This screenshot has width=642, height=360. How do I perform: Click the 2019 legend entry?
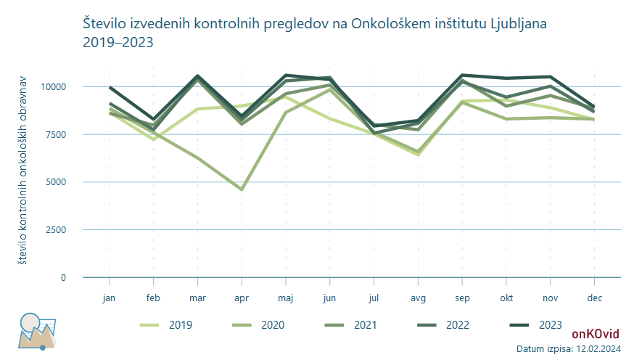tap(166, 325)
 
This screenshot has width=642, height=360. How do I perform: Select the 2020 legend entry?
tap(258, 325)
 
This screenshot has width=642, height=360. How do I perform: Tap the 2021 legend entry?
tap(350, 325)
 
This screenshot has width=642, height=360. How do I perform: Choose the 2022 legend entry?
tap(443, 325)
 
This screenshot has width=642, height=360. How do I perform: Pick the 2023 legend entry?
tap(535, 325)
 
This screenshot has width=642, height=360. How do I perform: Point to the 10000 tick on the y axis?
tap(53, 87)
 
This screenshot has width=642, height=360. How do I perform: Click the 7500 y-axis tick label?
tap(56, 135)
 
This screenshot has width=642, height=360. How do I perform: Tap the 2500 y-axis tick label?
tap(56, 230)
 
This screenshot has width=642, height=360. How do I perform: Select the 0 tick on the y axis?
tap(63, 278)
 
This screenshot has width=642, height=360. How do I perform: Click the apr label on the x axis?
tap(242, 298)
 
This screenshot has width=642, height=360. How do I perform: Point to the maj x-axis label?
tap(285, 298)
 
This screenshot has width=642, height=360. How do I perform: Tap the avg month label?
tap(418, 298)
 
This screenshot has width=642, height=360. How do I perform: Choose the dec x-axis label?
tap(595, 298)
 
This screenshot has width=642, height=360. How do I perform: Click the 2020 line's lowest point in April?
tap(242, 189)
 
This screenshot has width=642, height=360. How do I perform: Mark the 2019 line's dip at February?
tap(154, 139)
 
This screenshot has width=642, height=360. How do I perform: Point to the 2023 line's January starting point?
tap(110, 88)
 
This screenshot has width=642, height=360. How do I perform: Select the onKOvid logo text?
tap(596, 334)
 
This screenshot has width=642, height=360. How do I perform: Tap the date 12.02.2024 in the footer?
tap(598, 349)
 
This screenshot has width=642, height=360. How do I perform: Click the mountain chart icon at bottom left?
tap(37, 332)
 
